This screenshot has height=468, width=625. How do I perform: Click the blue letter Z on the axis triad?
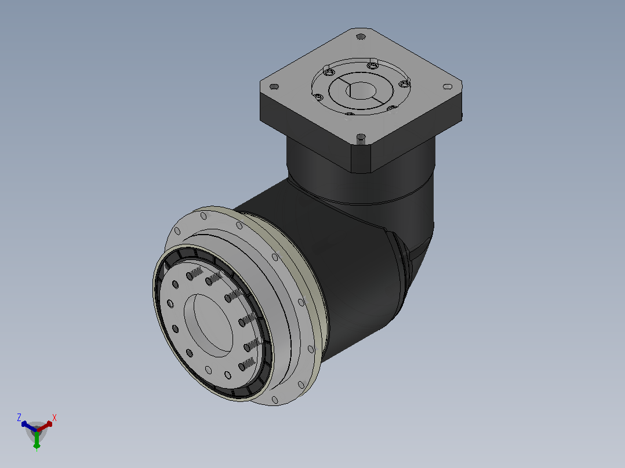[19, 417]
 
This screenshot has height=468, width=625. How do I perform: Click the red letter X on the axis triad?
[54, 418]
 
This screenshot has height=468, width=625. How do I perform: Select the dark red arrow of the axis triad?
[45, 426]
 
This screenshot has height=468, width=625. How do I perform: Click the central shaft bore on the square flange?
[361, 91]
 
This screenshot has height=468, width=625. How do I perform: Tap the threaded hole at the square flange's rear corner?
[361, 36]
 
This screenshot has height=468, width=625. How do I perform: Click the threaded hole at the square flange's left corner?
[274, 86]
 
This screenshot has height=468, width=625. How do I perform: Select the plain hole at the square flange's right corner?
[448, 86]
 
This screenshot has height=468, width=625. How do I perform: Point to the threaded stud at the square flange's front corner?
[361, 138]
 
